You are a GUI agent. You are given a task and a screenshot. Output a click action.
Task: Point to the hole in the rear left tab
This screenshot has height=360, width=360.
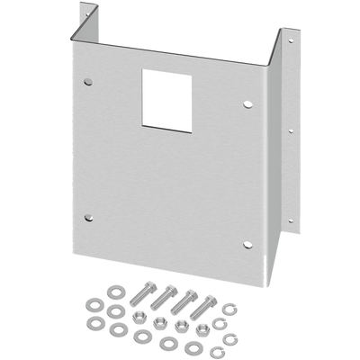pos(87,12)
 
